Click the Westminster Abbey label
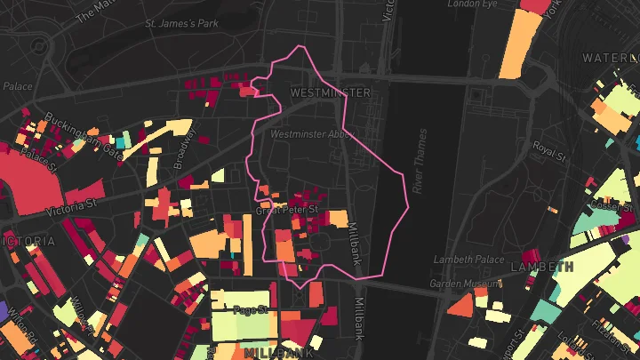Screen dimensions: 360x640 (312, 134)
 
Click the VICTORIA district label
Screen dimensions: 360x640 (27, 241)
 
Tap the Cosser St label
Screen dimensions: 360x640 (609, 205)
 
